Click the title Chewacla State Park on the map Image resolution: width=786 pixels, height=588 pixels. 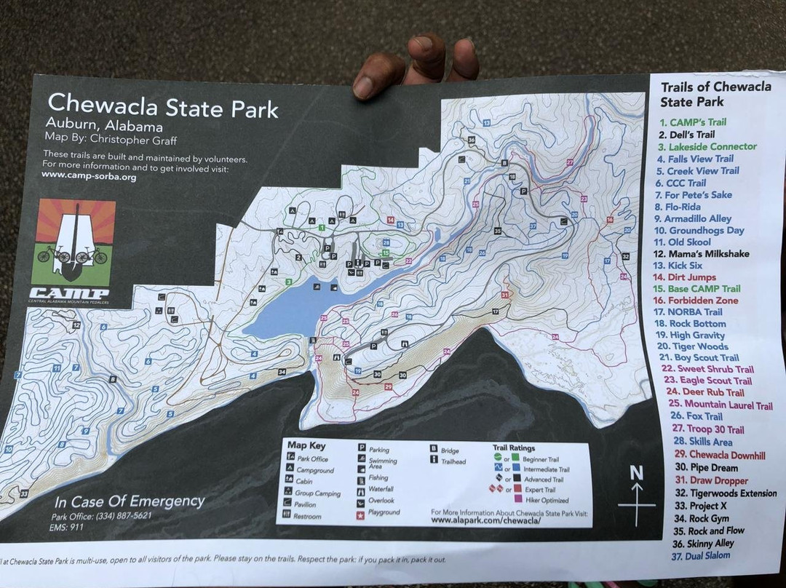point(162,106)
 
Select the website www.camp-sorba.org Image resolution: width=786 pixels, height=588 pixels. point(89,177)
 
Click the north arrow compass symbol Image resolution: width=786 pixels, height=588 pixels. point(636,495)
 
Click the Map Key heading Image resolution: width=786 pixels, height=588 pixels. point(306,445)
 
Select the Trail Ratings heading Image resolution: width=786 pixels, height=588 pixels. point(514,448)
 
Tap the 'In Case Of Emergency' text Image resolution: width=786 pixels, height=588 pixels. point(129,501)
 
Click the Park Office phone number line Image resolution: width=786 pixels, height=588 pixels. point(102,516)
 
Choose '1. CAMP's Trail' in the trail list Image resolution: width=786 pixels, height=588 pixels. point(692,122)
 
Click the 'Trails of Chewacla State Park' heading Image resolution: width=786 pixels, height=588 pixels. point(714,94)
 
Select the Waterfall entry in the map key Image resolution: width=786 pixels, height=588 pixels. point(377,490)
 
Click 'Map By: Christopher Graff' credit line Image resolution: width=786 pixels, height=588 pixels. point(111,140)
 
